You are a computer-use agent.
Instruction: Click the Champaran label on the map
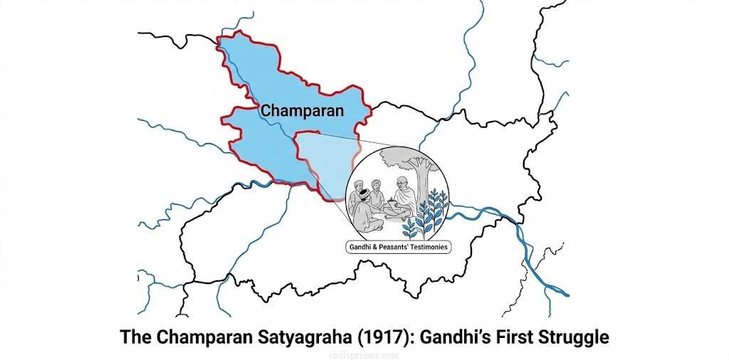[302, 111]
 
